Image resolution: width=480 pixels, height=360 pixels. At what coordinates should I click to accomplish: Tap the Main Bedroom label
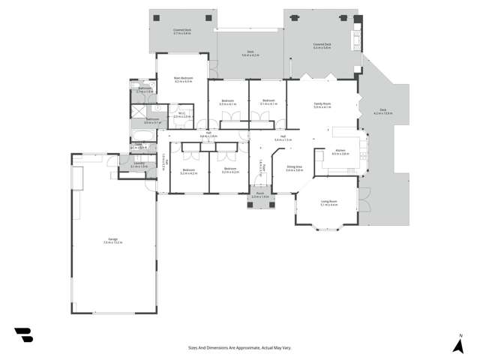(183, 79)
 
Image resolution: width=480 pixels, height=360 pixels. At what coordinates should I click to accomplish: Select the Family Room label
(322, 106)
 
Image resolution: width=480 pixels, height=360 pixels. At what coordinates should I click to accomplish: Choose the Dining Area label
(294, 169)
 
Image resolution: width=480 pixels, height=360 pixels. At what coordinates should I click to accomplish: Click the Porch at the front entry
(259, 196)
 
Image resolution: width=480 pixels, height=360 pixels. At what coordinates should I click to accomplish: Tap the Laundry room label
(139, 165)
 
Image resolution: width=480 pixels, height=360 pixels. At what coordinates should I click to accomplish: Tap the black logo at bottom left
(23, 335)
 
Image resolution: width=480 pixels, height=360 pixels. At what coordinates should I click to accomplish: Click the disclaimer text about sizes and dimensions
(239, 347)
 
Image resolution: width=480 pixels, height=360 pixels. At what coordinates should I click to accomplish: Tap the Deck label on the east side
(382, 112)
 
